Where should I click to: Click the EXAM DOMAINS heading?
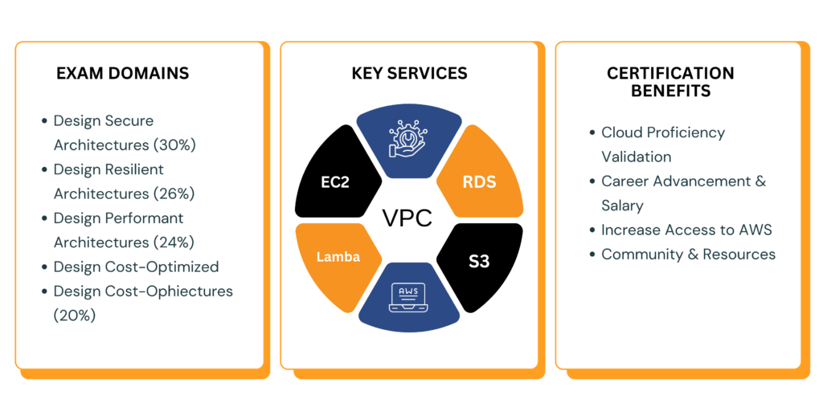(x=122, y=73)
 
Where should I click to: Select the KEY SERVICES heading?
(x=409, y=73)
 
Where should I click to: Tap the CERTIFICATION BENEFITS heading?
(x=670, y=82)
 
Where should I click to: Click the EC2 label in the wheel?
(x=334, y=181)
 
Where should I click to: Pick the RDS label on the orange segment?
(x=479, y=181)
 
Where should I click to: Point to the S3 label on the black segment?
(x=479, y=261)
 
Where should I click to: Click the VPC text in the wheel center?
(x=407, y=219)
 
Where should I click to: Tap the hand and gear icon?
(x=407, y=139)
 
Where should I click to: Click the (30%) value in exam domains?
(x=174, y=145)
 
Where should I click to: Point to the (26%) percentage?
(x=174, y=193)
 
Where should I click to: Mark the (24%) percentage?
(x=174, y=242)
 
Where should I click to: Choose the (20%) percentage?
(x=75, y=315)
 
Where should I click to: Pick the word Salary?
(x=622, y=205)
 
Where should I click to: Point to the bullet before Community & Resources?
(x=592, y=254)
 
